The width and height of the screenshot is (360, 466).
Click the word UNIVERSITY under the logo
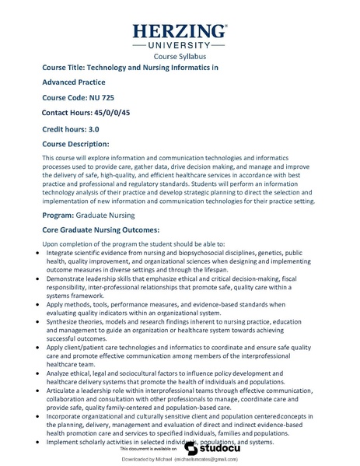pyautogui.click(x=180, y=47)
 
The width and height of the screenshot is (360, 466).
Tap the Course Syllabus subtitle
pyautogui.click(x=180, y=57)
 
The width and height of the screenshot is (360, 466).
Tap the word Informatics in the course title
pyautogui.click(x=191, y=68)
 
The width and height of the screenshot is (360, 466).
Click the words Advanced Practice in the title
pyautogui.click(x=74, y=82)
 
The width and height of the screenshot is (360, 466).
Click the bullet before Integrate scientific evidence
pyautogui.click(x=40, y=254)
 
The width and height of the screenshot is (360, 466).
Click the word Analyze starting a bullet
pyautogui.click(x=61, y=371)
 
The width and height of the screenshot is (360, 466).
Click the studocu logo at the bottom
pyautogui.click(x=204, y=449)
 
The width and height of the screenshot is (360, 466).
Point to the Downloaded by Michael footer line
pyautogui.click(x=180, y=461)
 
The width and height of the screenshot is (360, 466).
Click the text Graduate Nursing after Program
pyautogui.click(x=115, y=213)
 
